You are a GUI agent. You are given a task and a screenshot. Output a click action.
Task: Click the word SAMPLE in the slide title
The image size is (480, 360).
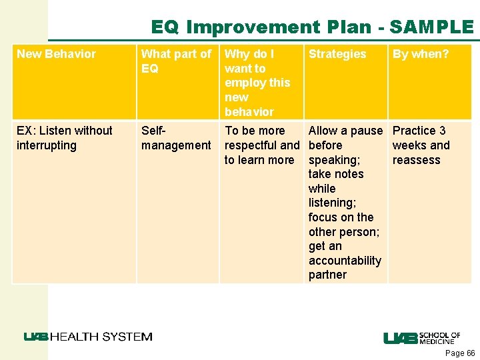click(431, 27)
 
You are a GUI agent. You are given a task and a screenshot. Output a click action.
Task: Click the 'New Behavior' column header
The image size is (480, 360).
click(56, 54)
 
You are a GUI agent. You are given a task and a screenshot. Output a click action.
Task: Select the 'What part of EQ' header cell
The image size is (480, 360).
click(176, 61)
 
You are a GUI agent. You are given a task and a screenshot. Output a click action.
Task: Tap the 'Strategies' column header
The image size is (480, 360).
click(337, 54)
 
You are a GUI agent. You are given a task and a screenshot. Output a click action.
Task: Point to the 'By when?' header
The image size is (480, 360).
click(421, 54)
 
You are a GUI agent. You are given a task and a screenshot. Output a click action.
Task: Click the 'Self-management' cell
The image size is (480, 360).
click(176, 138)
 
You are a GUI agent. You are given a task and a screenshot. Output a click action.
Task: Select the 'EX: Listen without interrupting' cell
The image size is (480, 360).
click(65, 138)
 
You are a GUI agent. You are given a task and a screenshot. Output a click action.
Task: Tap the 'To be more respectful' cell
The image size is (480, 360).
click(261, 145)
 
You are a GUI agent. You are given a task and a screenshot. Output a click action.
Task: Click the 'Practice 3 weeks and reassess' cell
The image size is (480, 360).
click(421, 145)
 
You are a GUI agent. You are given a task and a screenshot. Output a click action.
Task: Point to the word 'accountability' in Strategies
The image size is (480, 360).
click(345, 261)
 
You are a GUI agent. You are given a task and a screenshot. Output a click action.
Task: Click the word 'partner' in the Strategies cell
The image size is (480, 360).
click(327, 275)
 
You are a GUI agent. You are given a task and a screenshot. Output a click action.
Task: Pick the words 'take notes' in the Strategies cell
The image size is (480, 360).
click(336, 174)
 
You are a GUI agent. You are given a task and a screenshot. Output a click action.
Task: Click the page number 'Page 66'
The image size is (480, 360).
click(460, 353)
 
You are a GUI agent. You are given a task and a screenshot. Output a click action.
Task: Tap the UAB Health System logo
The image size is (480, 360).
click(88, 337)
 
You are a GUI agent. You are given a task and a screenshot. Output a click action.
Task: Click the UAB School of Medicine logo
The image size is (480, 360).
click(421, 338)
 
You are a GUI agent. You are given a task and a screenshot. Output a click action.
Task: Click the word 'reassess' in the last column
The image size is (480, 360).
click(416, 160)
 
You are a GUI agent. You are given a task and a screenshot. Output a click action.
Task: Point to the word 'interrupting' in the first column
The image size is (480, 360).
click(47, 145)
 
